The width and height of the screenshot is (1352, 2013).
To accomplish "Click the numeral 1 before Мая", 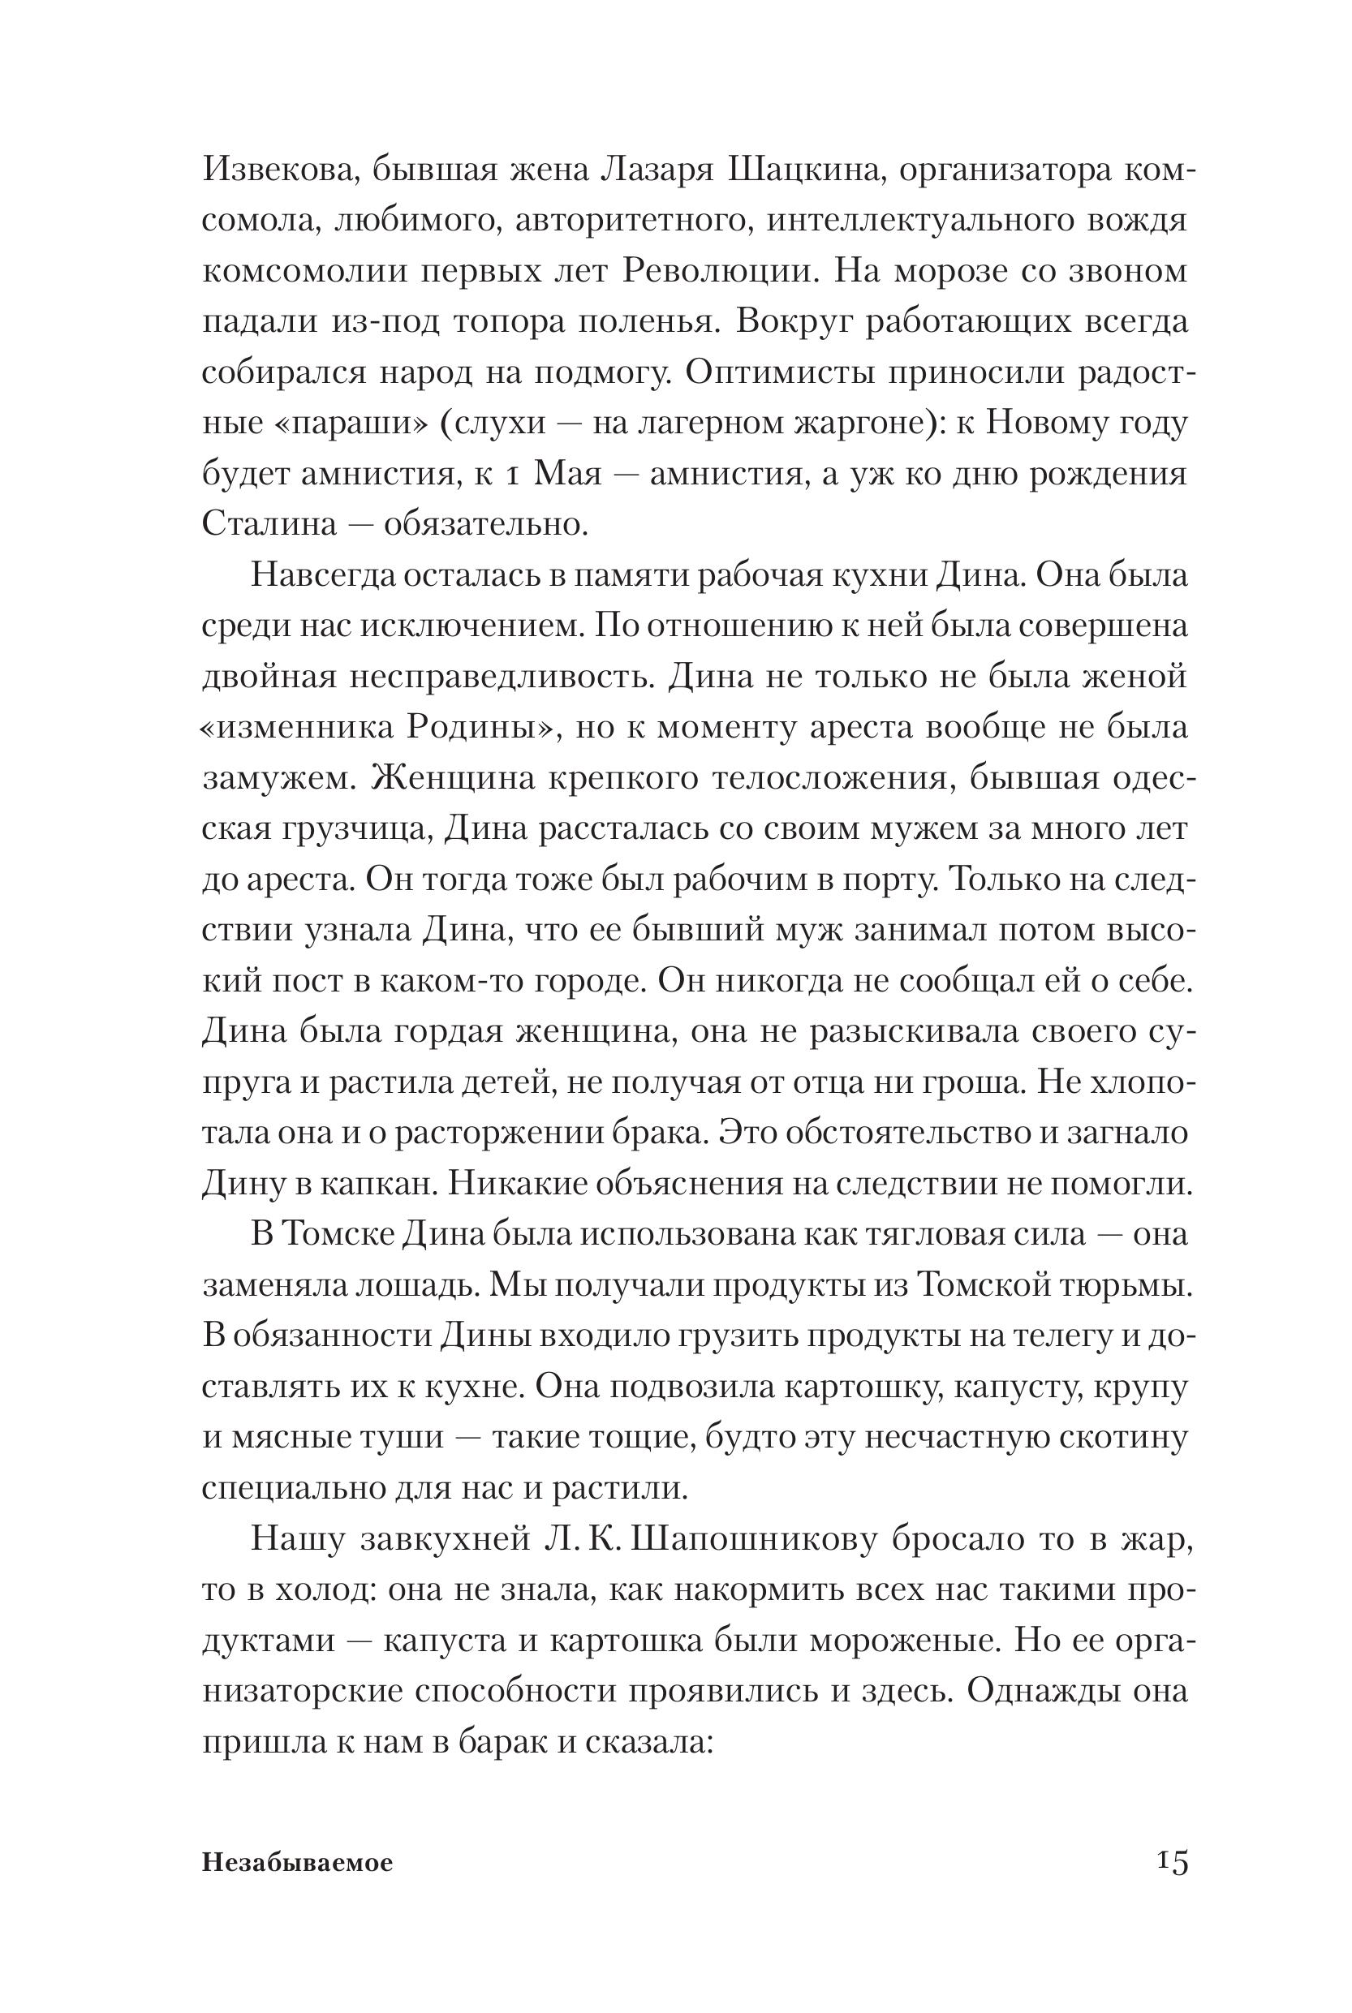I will point(512,475).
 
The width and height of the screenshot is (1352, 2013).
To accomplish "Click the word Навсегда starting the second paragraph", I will point(320,576).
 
